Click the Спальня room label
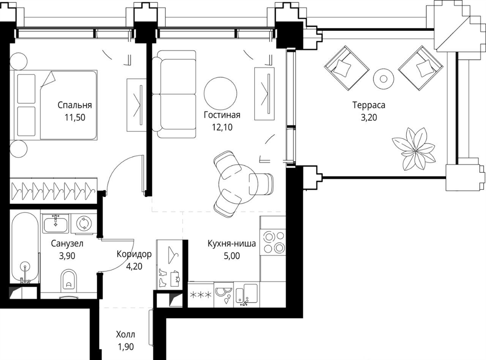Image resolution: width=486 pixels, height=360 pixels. pos(75,105)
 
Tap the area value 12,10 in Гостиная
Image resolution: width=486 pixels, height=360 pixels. pos(222,127)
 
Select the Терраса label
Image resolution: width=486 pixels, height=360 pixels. pos(369,105)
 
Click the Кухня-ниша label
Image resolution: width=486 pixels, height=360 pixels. pos(232,243)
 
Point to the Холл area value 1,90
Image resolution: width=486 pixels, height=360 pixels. pos(125,347)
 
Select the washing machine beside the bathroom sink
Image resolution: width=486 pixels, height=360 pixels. pos(84,223)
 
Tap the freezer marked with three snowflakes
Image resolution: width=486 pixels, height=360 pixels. pos(201,295)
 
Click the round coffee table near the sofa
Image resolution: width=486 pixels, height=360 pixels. pos(220,93)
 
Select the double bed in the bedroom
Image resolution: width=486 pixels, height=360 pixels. pos(53,105)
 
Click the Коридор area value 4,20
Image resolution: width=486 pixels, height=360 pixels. pos(134,266)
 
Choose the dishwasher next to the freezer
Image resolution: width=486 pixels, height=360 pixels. pos(224,295)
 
